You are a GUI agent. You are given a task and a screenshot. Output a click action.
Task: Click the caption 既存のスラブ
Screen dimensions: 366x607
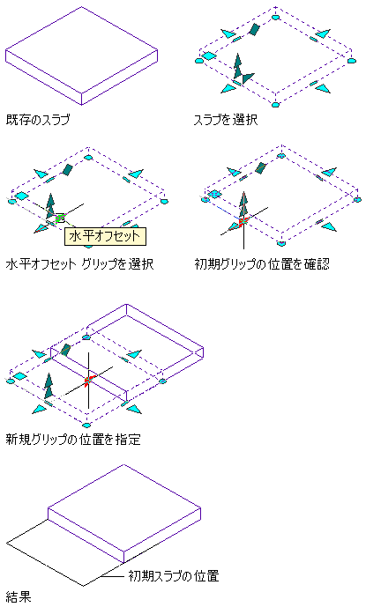click(38, 119)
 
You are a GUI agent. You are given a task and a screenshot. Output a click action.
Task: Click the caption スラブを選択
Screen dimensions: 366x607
click(226, 119)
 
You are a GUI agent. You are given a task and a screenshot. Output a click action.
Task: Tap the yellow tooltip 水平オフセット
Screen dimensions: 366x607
click(105, 236)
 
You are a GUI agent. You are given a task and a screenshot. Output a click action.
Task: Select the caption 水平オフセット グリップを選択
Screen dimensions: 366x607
click(80, 264)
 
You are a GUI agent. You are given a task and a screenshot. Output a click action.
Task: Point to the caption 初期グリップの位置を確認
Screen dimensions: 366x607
click(263, 264)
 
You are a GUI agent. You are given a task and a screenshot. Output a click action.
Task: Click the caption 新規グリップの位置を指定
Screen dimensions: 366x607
click(73, 440)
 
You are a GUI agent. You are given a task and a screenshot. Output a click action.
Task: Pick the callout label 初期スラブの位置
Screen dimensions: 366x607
click(174, 576)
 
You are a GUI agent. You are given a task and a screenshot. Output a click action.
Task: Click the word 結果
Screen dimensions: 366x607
click(19, 596)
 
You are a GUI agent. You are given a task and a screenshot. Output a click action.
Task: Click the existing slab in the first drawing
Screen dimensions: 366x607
click(81, 56)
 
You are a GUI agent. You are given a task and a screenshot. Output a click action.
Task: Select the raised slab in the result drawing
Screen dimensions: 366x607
click(124, 513)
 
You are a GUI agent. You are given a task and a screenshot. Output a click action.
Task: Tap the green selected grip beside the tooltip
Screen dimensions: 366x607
click(60, 218)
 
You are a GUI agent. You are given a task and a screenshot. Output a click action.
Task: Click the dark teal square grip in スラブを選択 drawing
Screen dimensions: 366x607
click(254, 29)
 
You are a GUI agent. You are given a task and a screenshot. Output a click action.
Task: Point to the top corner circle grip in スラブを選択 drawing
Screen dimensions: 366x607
click(275, 17)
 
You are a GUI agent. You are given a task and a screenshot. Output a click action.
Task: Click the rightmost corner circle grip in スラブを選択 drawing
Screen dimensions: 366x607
click(351, 61)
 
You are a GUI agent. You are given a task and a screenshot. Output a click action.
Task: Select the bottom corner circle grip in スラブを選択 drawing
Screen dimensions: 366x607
click(275, 105)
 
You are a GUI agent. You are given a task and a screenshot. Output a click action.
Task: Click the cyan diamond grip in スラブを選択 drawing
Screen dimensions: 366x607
click(209, 56)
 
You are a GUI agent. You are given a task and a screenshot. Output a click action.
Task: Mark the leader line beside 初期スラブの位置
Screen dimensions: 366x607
click(112, 576)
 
